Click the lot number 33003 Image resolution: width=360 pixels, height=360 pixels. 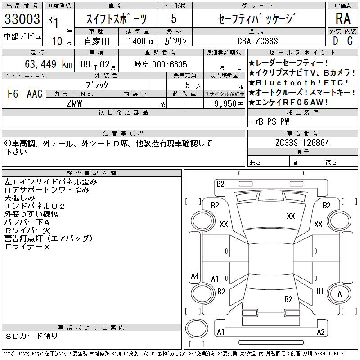pos(22,19)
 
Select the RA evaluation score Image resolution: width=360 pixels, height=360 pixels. pos(343,18)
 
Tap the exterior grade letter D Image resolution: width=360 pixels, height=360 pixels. pos(335,41)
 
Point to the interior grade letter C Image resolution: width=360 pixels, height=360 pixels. pos(350,41)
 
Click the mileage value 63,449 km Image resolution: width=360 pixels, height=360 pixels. pos(49,64)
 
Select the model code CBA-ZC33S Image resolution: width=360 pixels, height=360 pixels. pos(258,41)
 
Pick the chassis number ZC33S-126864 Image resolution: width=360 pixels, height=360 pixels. pos(302,143)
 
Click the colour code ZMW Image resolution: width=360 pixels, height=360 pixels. pos(74,103)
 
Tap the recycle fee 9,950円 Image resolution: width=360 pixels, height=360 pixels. pos(229,104)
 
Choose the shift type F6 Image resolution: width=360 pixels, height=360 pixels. pos(13,94)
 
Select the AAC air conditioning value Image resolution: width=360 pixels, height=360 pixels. pos(35,94)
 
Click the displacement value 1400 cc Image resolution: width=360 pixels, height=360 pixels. pos(141,41)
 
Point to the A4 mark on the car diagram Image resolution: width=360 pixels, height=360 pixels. pos(195,275)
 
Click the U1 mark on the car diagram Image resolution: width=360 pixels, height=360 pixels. pos(320,291)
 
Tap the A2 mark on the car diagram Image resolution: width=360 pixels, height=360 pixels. pos(321,332)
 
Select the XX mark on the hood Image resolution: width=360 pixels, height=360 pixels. pos(291,216)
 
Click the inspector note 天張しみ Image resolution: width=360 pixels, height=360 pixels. pos(19,198)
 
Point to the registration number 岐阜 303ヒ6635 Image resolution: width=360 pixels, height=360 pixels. pos(161,64)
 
